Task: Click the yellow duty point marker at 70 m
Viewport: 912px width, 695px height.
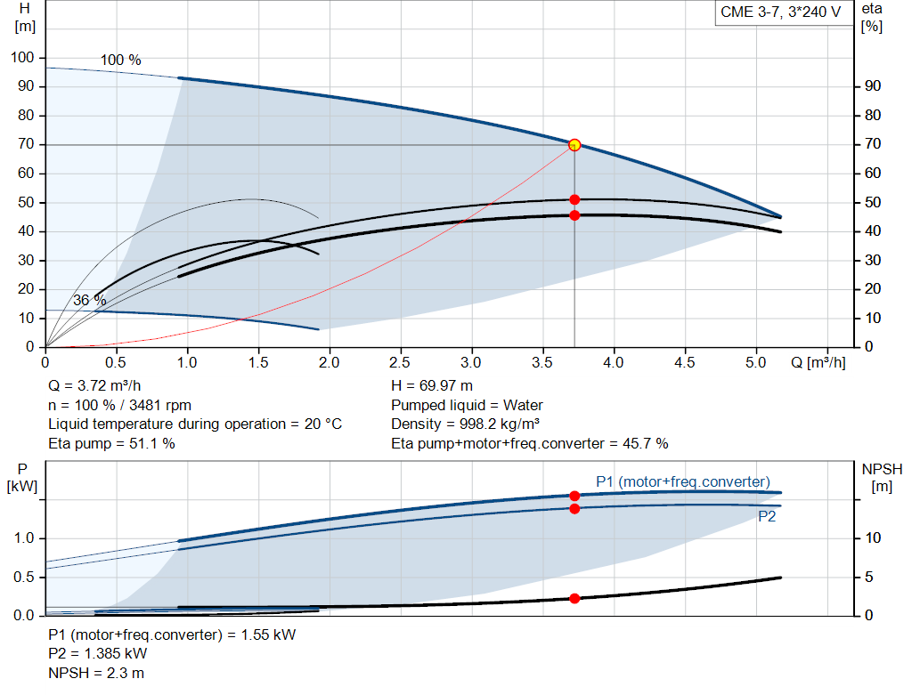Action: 574,145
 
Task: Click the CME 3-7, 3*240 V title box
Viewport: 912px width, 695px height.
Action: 780,13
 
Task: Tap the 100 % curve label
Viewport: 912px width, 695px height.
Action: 120,61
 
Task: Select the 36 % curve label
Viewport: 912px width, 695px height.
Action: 89,301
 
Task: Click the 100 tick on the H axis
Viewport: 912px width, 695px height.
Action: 22,58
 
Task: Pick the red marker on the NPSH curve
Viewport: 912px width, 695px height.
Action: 574,598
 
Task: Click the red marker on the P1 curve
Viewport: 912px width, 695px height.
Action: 574,496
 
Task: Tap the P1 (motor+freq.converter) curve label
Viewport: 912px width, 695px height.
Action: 683,481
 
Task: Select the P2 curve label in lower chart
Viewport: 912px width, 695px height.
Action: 767,516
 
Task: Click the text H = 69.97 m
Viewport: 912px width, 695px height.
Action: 432,386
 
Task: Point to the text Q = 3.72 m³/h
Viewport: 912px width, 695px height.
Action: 94,386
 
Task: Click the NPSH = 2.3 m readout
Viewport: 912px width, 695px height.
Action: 96,673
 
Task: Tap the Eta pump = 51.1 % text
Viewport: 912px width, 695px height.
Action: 111,443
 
